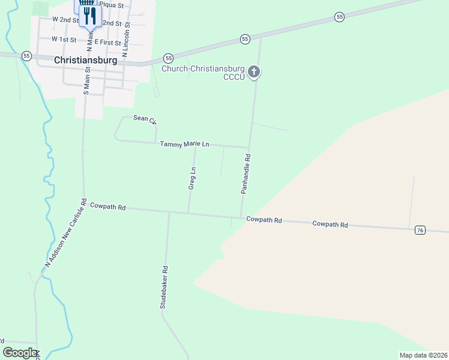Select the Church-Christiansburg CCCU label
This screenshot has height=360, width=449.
204,73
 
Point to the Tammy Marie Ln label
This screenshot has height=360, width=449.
184,144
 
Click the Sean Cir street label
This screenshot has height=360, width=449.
145,120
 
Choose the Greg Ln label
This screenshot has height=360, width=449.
192,178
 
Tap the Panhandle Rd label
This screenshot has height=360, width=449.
246,173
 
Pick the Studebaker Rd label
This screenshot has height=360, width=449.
163,287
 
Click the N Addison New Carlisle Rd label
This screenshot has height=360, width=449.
67,233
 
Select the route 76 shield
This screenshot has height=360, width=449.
420,230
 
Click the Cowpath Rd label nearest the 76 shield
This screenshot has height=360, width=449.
330,224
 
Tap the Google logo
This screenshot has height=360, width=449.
20,353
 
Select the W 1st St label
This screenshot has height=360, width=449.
64,39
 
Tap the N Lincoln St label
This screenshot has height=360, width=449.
127,40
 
